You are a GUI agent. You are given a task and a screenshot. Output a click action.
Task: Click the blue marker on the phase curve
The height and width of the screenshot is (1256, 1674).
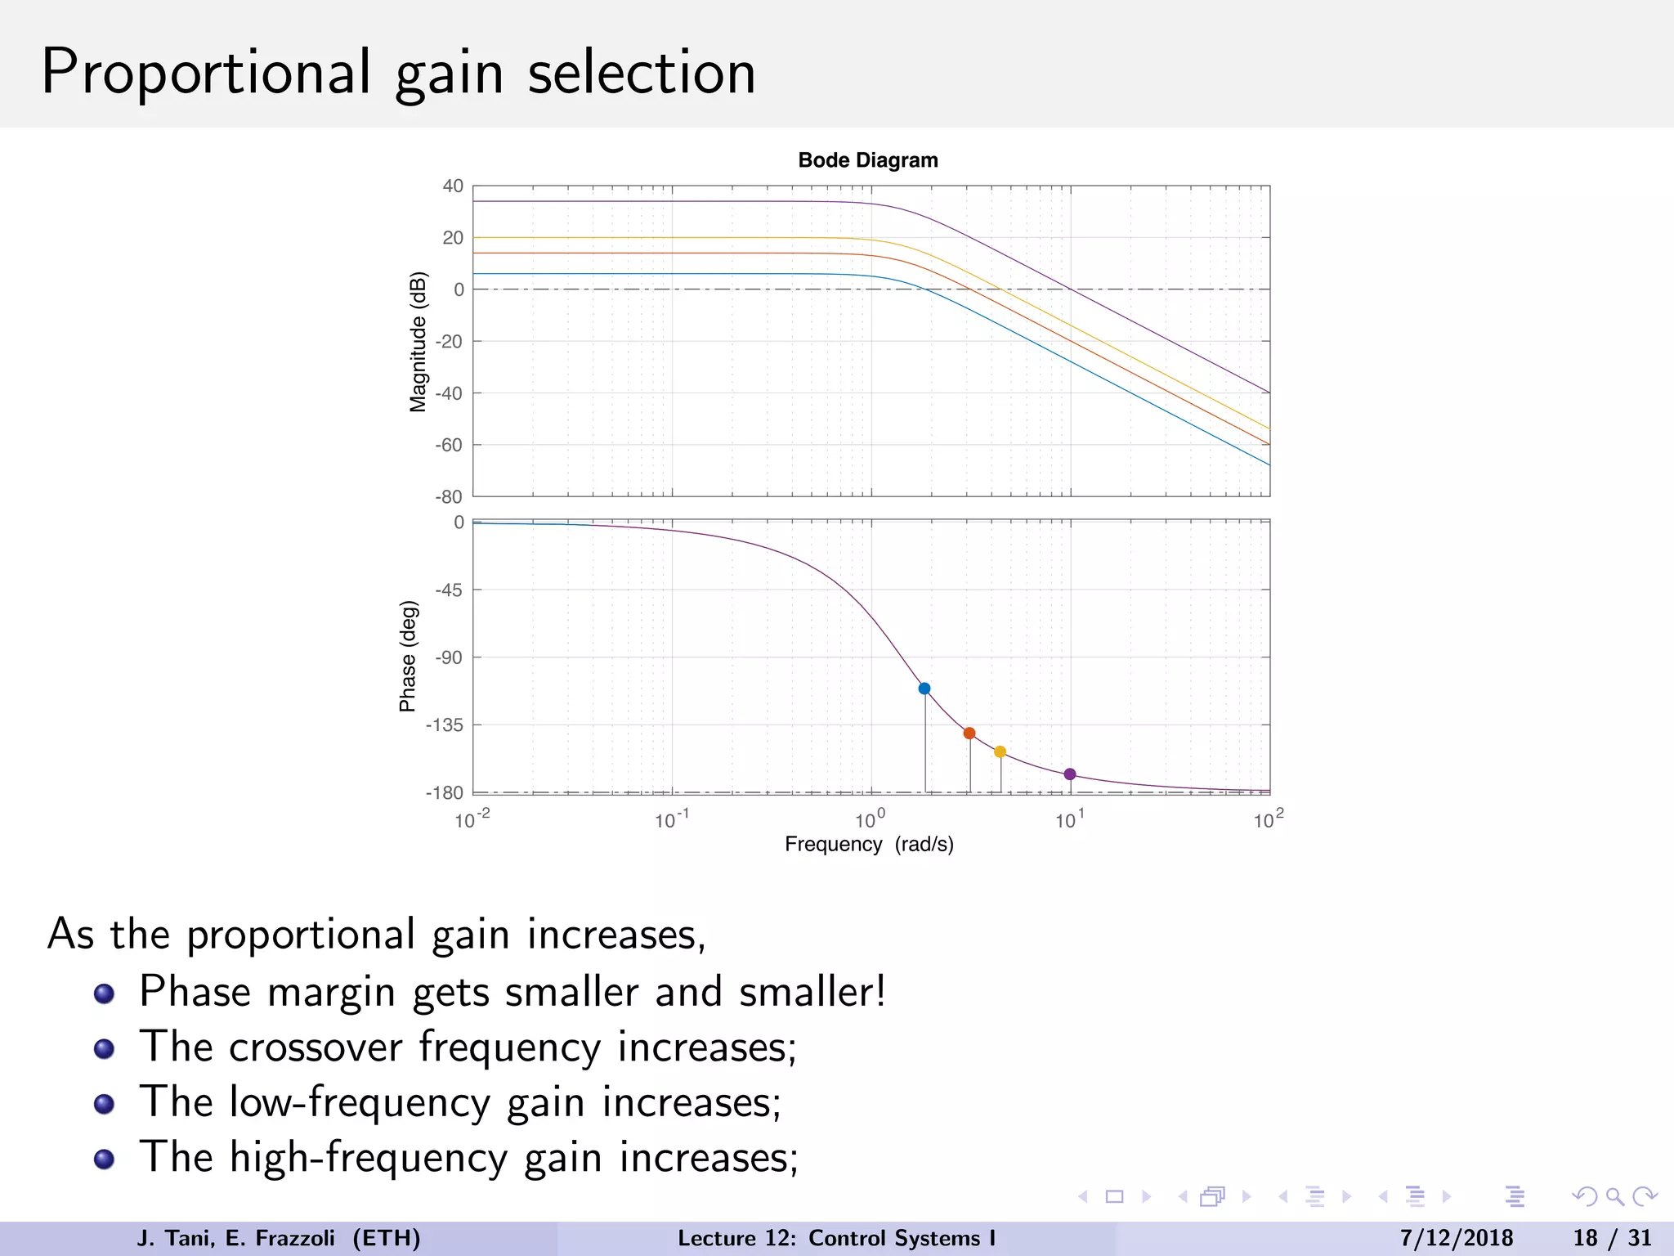coord(924,689)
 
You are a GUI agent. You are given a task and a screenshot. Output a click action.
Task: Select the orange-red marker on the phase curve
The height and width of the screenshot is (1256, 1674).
coord(969,733)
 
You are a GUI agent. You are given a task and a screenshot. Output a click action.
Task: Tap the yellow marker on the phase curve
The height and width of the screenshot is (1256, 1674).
coord(1000,751)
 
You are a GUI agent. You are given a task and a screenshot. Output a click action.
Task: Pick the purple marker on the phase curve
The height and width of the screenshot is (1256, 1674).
coord(1070,774)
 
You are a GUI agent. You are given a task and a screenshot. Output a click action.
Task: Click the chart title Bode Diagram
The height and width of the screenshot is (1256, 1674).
coord(868,160)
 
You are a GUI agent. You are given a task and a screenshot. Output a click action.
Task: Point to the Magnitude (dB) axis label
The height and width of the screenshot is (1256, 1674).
coord(418,342)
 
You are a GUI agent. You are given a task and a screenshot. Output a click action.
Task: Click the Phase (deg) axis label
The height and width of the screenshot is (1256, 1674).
coord(408,657)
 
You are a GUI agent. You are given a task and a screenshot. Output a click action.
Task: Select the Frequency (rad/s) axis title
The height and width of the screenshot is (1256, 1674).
coord(869,844)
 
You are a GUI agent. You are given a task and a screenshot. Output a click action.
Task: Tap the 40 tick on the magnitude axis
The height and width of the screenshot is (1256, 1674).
coord(453,186)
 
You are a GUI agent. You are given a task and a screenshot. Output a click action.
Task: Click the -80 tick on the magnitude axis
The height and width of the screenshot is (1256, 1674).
coord(449,496)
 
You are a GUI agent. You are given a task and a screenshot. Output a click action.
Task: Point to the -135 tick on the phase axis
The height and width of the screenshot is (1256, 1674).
coord(445,724)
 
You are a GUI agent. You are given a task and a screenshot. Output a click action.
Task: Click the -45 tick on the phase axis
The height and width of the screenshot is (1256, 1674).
coord(449,590)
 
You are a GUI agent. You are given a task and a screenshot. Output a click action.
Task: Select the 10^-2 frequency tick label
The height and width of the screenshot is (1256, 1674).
coord(472,819)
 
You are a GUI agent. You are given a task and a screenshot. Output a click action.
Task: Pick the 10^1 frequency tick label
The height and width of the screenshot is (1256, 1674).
coord(1069,819)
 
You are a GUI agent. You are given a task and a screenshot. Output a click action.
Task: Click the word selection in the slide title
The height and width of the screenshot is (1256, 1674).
coord(642,73)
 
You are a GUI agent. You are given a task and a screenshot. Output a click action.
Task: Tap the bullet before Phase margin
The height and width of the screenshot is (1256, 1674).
coord(104,994)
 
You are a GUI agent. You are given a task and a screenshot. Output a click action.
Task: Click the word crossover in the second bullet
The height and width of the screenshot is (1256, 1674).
coord(316,1047)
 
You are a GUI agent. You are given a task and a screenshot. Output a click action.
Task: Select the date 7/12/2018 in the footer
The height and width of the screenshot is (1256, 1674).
coord(1457,1238)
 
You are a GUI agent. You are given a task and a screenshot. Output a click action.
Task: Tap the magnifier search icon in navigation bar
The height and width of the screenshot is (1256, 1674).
coord(1614,1196)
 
